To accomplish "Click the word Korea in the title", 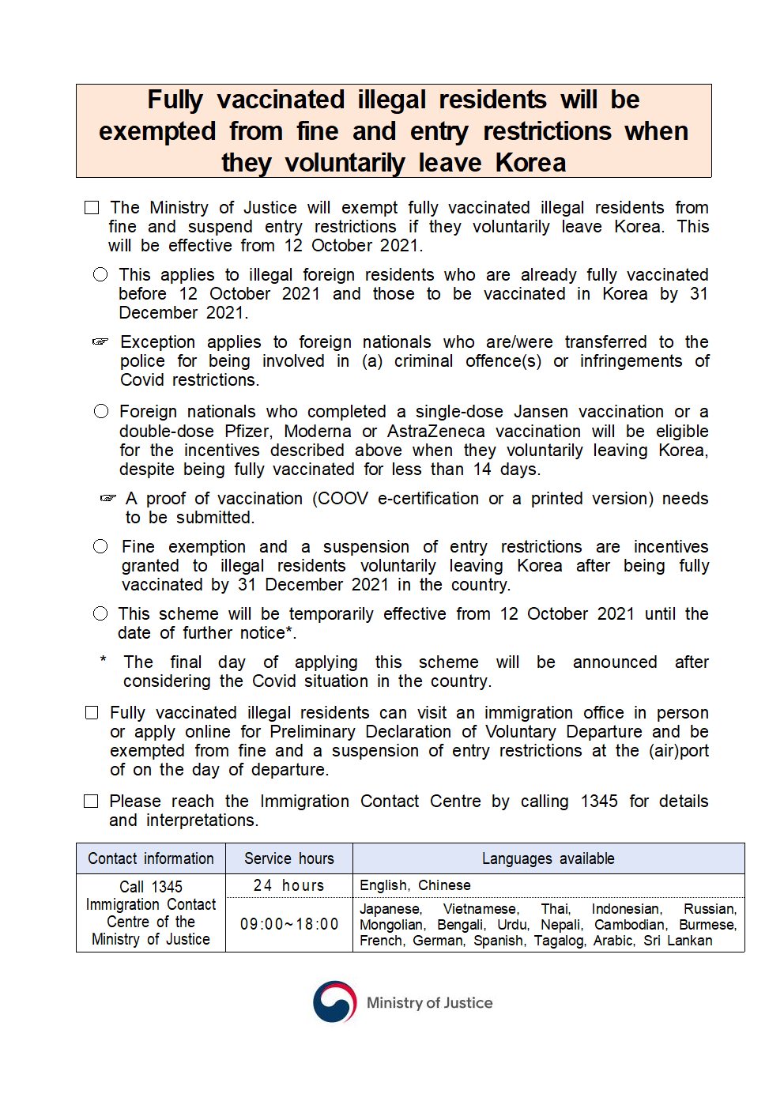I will [530, 163].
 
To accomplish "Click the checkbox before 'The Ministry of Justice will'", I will [92, 208].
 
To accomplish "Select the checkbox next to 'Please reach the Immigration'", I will [92, 802].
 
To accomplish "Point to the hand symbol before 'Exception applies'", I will [100, 342].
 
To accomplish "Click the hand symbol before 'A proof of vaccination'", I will [108, 499].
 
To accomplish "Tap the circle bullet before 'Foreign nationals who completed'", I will [101, 411].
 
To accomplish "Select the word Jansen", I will [541, 412].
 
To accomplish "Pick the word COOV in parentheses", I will [343, 499].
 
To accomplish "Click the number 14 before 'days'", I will [482, 470].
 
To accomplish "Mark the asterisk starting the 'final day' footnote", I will [103, 660].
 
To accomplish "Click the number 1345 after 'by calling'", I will [599, 802].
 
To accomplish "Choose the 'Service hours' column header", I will [289, 858].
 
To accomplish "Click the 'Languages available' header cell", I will [548, 858].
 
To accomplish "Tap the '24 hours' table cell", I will [289, 885].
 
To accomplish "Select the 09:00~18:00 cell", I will [289, 924].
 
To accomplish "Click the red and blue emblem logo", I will [335, 1001].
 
